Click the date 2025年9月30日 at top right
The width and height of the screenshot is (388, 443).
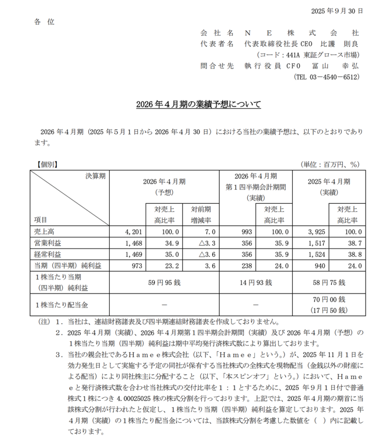click(x=337, y=11)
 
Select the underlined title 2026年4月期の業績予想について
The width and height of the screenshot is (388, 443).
click(x=199, y=104)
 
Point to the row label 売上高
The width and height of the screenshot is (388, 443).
click(x=42, y=232)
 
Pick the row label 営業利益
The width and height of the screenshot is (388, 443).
click(x=46, y=243)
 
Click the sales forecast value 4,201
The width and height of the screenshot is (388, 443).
click(x=129, y=232)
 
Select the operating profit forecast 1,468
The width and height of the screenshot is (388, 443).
click(x=129, y=243)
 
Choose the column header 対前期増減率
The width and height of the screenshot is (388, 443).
click(x=200, y=215)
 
